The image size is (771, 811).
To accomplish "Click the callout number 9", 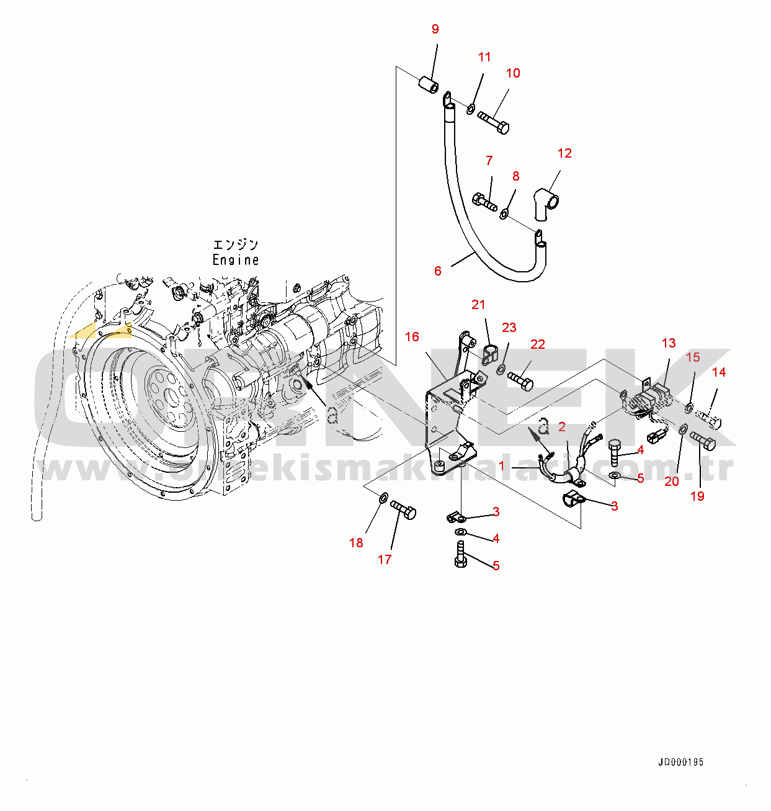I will pyautogui.click(x=435, y=29).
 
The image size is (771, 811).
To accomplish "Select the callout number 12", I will pyautogui.click(x=564, y=153).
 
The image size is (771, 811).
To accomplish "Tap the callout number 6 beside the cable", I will pyautogui.click(x=438, y=271).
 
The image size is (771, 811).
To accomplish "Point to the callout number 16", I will pyautogui.click(x=412, y=337).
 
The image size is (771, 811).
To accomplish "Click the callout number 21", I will pyautogui.click(x=478, y=305).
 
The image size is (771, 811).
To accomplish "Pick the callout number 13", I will pyautogui.click(x=669, y=343).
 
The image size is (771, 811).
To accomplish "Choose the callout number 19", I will pyautogui.click(x=697, y=496).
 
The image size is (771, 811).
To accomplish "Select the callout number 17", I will pyautogui.click(x=385, y=559).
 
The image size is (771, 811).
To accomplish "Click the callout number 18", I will pyautogui.click(x=356, y=543).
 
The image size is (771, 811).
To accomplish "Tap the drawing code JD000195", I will pyautogui.click(x=681, y=762).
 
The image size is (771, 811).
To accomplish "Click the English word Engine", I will pyautogui.click(x=236, y=260).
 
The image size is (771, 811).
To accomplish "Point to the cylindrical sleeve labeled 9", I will pyautogui.click(x=427, y=85).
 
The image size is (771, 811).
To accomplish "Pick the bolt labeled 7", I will pyautogui.click(x=484, y=201).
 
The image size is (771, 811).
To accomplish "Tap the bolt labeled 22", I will pyautogui.click(x=520, y=380).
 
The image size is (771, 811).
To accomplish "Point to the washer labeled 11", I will pyautogui.click(x=471, y=110).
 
